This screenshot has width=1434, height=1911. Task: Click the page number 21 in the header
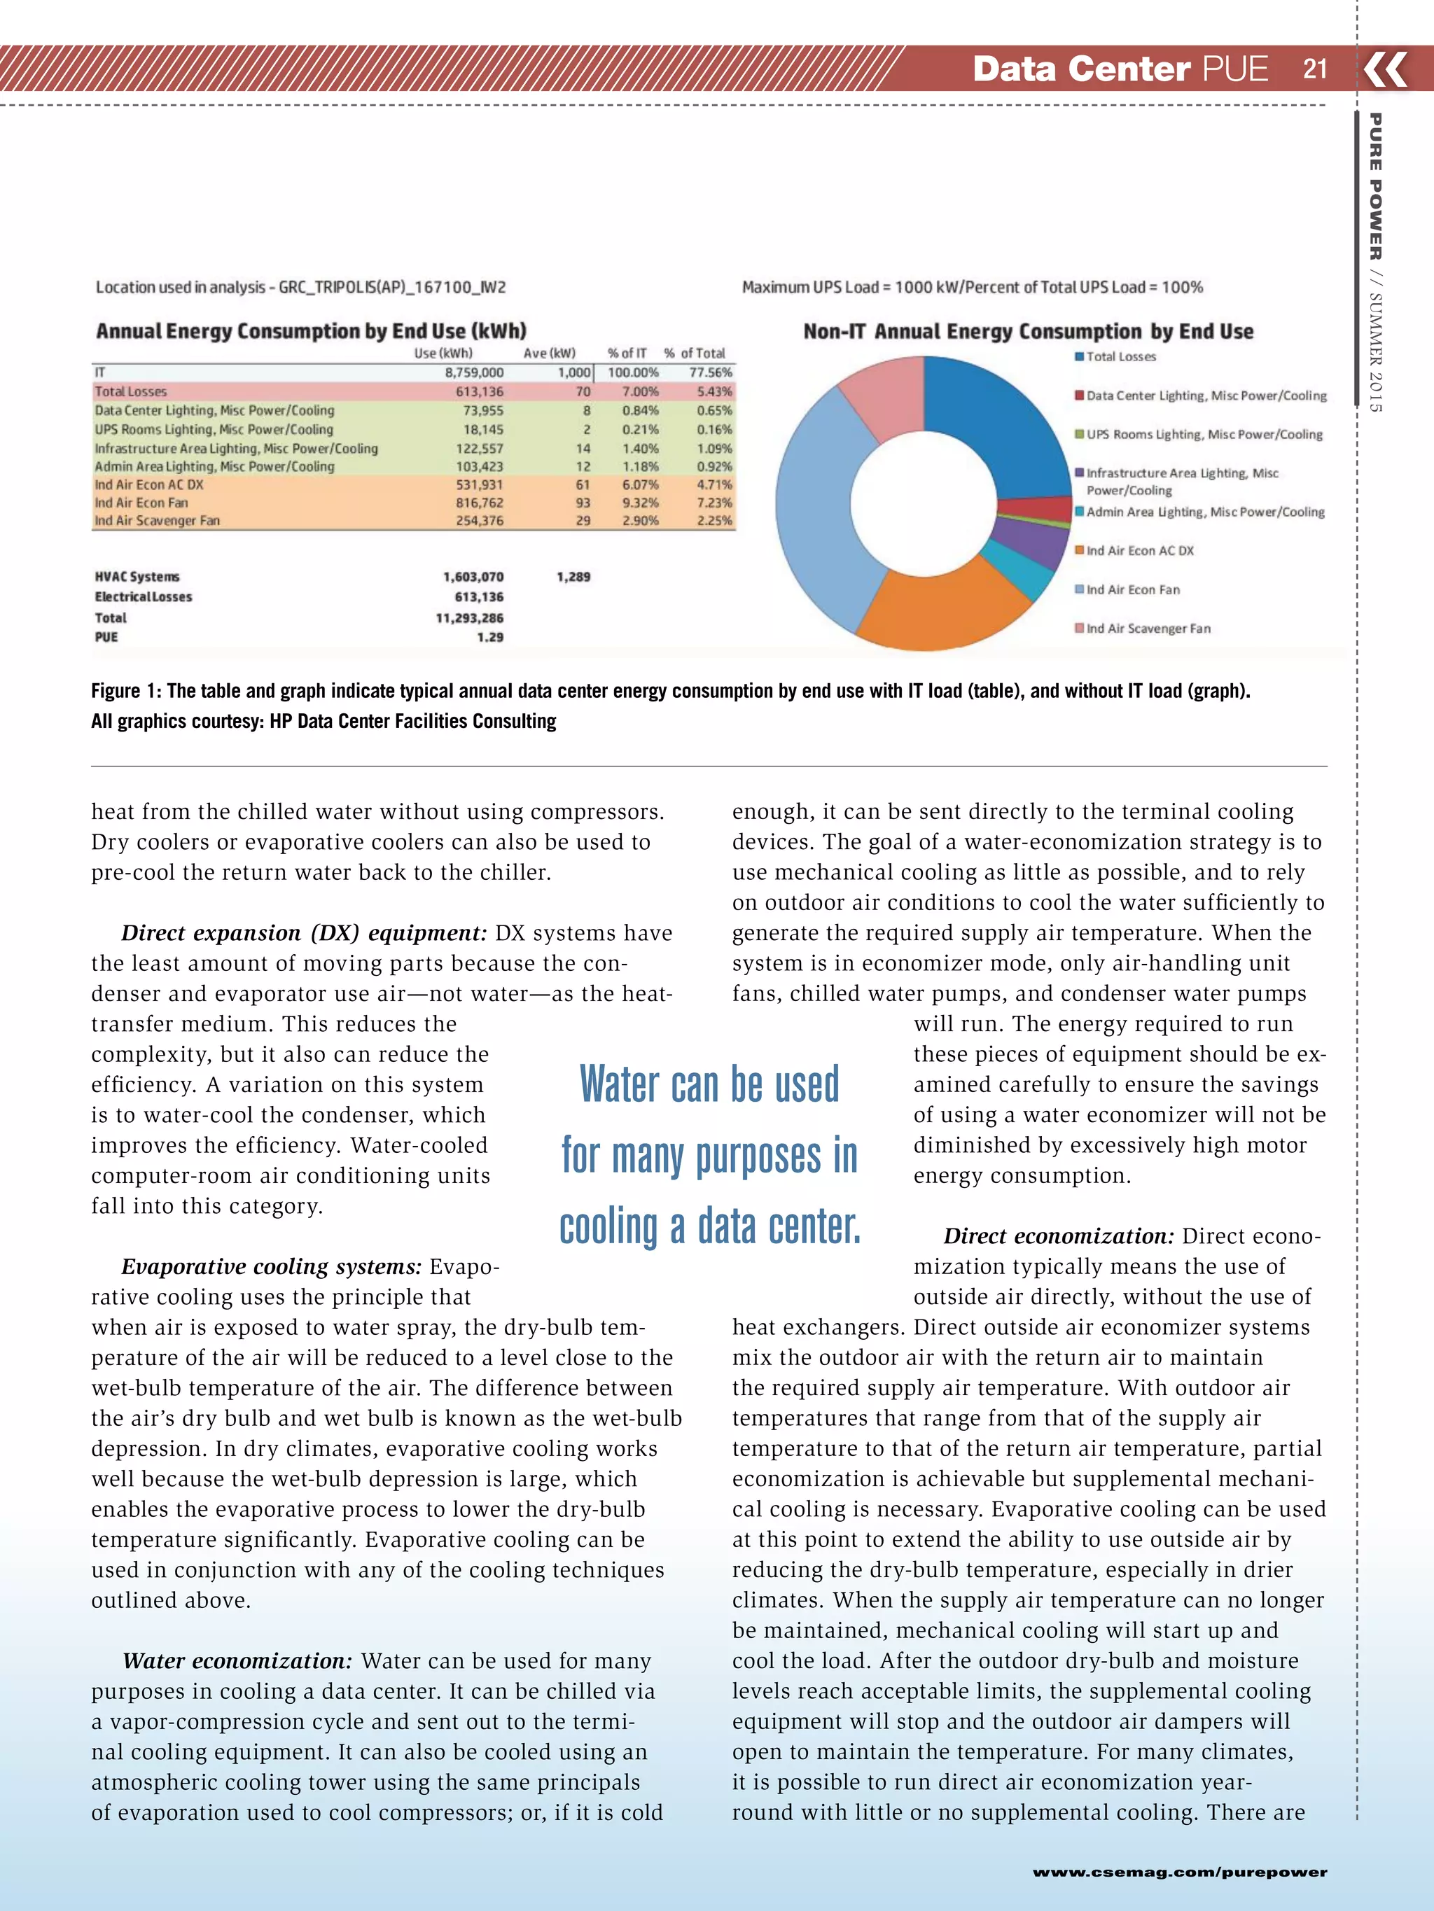point(1315,69)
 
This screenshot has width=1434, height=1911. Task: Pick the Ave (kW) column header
point(549,353)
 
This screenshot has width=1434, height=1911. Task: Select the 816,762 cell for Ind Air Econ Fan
point(480,503)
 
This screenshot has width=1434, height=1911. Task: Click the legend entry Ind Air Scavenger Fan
point(1147,628)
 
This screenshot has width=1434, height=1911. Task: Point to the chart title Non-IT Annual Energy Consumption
point(1028,332)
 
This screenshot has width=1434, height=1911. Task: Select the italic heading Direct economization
point(1058,1236)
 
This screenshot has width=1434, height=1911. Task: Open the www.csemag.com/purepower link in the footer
point(1179,1872)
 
